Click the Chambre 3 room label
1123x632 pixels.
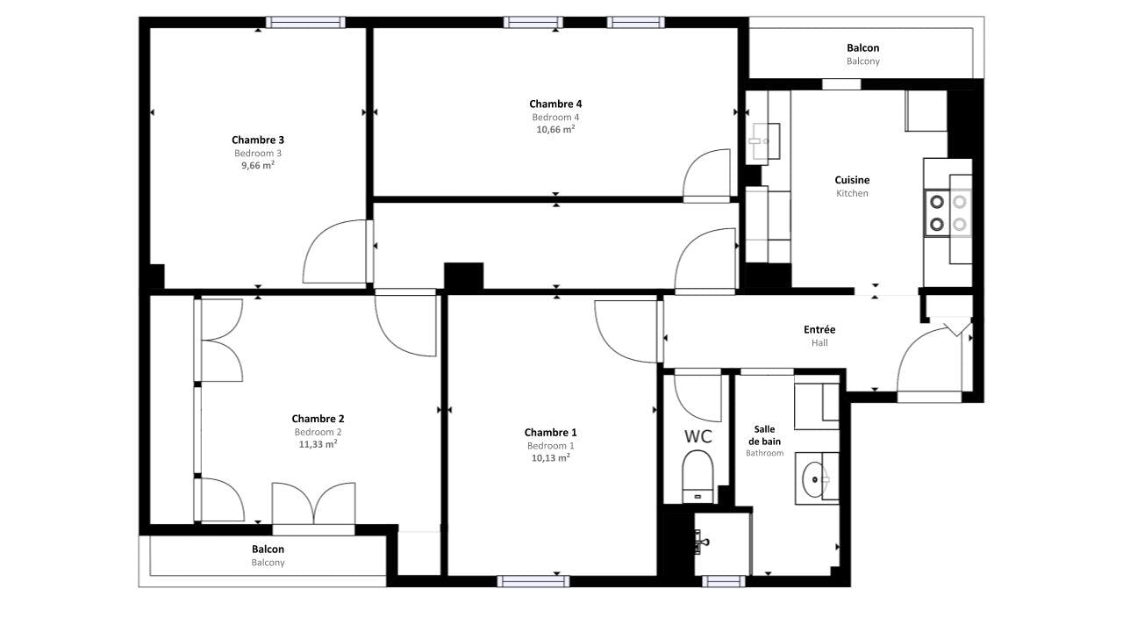pyautogui.click(x=258, y=140)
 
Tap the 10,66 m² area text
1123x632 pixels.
pyautogui.click(x=555, y=129)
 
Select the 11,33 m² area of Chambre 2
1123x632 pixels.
pyautogui.click(x=318, y=444)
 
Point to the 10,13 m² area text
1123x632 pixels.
pyautogui.click(x=550, y=458)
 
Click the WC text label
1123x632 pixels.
pyautogui.click(x=698, y=437)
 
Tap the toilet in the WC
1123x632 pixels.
pyautogui.click(x=697, y=477)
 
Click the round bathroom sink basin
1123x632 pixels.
pyautogui.click(x=813, y=480)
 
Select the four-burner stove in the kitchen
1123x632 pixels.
pyautogui.click(x=948, y=213)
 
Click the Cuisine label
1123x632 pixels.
pyautogui.click(x=852, y=180)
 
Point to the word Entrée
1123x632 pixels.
pyautogui.click(x=819, y=329)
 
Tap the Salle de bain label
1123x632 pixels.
pyautogui.click(x=764, y=435)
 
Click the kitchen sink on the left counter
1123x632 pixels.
pyautogui.click(x=763, y=141)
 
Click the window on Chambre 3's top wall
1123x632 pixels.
pyautogui.click(x=305, y=22)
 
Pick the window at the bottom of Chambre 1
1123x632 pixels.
pyautogui.click(x=533, y=581)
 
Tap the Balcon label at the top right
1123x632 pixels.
pyautogui.click(x=862, y=48)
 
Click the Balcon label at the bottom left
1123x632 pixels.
pyautogui.click(x=268, y=549)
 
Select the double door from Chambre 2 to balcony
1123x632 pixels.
pyautogui.click(x=314, y=504)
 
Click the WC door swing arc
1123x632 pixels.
pyautogui.click(x=697, y=397)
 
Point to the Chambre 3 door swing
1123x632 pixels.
pyautogui.click(x=334, y=251)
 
